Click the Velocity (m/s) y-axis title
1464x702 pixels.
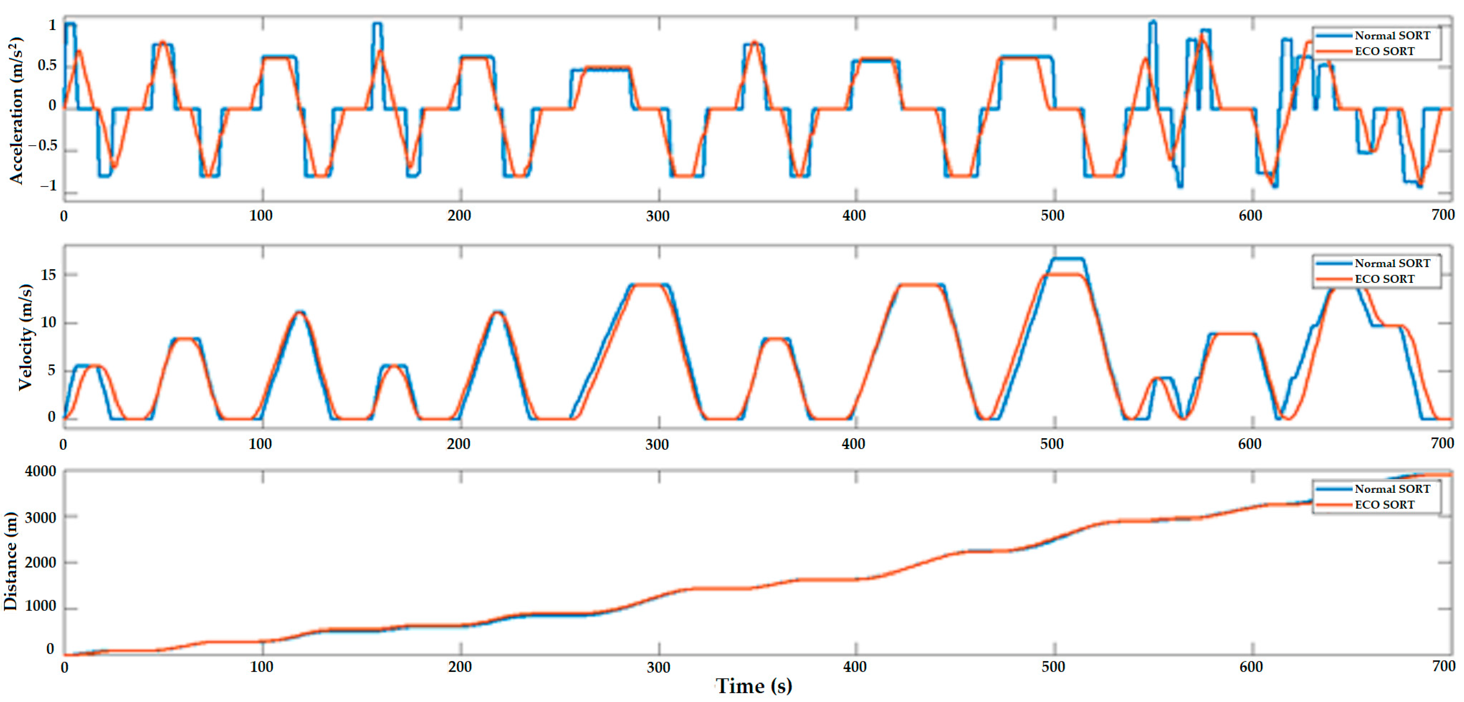(25, 337)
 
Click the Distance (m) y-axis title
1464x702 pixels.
(10, 561)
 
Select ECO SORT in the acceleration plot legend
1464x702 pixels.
(1385, 51)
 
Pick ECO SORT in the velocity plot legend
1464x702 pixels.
(1385, 279)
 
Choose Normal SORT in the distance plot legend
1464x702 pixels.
(1392, 489)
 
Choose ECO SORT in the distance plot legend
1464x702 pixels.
(1385, 505)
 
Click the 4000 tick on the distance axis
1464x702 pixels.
(40, 472)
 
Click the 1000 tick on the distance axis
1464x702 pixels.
(40, 606)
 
